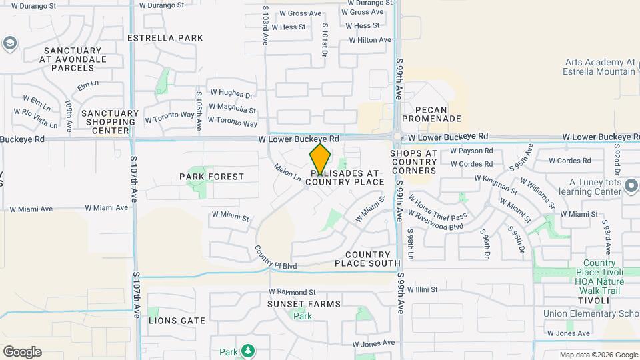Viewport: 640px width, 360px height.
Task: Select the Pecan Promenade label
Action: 437,114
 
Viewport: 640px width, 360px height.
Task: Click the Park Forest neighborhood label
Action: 211,177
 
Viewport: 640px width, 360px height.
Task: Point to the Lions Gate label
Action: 177,321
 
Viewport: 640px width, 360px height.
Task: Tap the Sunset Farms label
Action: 303,304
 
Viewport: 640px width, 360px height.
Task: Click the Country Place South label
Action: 367,259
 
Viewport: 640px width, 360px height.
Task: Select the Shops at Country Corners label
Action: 413,162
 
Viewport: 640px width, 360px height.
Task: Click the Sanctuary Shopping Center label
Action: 110,122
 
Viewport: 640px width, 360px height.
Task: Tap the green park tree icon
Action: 248,350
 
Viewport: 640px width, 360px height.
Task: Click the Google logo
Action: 22,352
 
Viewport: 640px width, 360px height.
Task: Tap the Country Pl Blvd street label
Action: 275,258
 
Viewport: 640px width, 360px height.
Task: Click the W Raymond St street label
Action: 292,292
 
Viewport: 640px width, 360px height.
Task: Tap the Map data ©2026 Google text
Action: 598,355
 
